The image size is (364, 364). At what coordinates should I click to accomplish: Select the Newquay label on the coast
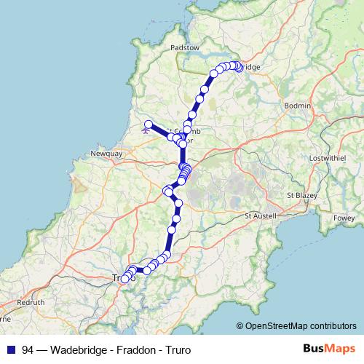coord(104,154)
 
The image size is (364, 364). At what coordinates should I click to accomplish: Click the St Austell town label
coord(262,215)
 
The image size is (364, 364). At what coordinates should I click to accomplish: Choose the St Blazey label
coord(303,196)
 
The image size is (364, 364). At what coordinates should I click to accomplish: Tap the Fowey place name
coord(342,216)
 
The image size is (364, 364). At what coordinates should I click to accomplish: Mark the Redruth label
coord(31,301)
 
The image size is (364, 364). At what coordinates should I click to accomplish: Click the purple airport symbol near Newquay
coord(146,132)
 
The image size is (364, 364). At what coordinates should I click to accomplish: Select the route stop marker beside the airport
coord(148,124)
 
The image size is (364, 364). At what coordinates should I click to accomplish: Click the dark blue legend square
coord(10,349)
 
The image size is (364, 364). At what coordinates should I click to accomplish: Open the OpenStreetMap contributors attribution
coord(301,325)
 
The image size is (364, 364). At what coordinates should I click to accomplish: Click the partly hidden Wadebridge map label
coord(250,67)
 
